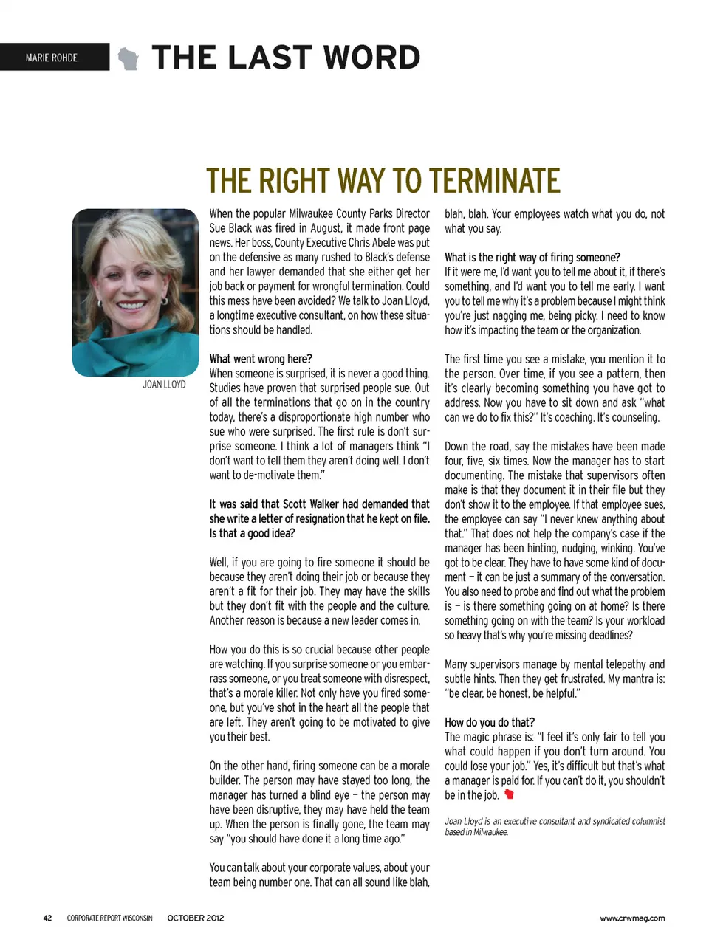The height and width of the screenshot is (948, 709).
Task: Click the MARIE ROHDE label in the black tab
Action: [x=51, y=58]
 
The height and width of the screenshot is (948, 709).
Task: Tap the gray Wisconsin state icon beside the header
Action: [x=129, y=58]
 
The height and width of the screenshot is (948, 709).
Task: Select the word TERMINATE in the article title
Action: [x=494, y=181]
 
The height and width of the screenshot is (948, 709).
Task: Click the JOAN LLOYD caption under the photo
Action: [x=164, y=385]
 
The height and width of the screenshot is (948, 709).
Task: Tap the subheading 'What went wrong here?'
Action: [x=261, y=359]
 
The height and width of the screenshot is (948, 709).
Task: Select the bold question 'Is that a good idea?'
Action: [x=252, y=533]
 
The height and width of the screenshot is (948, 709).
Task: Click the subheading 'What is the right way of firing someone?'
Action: [x=532, y=258]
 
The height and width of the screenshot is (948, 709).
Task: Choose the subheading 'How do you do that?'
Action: [x=489, y=722]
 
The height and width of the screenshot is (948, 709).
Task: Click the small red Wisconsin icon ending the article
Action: [x=509, y=794]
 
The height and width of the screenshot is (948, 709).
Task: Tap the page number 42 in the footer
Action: [x=47, y=918]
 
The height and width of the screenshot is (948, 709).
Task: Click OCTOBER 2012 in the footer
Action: [x=195, y=918]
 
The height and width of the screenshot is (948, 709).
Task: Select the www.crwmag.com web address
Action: [x=632, y=918]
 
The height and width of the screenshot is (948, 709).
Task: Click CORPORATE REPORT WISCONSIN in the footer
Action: [x=109, y=918]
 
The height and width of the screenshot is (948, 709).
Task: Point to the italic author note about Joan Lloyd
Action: [x=554, y=826]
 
